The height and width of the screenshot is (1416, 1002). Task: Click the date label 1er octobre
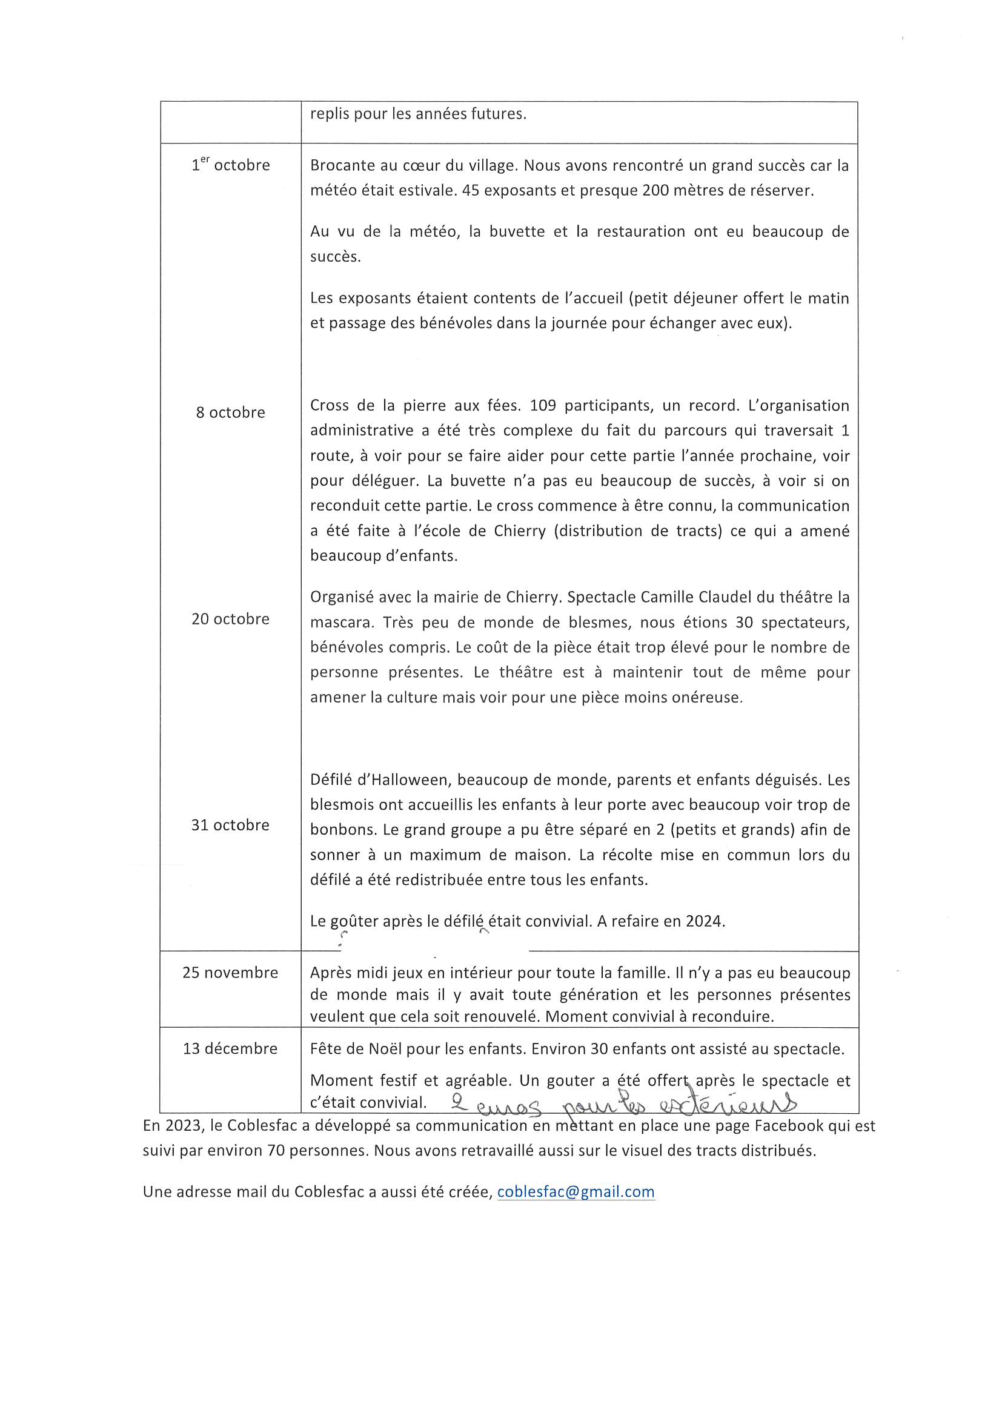tap(230, 165)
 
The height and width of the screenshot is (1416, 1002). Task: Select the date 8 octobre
tap(230, 412)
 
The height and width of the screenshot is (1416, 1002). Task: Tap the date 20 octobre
tap(230, 618)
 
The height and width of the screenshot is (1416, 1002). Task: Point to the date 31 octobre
tap(230, 824)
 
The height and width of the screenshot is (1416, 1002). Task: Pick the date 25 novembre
tap(230, 973)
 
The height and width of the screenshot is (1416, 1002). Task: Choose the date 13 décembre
tap(230, 1048)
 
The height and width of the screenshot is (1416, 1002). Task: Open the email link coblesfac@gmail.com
tap(576, 1191)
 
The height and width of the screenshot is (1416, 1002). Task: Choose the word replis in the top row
tap(329, 114)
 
